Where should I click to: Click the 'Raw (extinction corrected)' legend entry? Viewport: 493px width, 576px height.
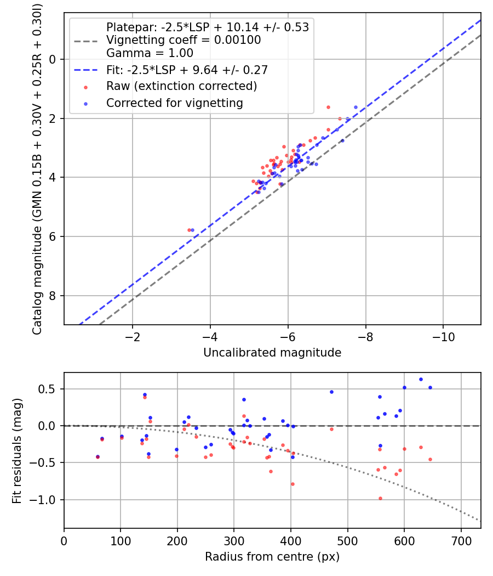click(181, 86)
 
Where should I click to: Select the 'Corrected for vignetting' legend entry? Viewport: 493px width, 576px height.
click(174, 103)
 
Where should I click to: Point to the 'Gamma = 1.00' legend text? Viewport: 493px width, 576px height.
click(150, 53)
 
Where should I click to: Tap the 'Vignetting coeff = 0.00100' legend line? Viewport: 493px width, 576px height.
click(184, 40)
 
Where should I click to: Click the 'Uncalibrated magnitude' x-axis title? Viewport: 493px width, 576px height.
click(272, 353)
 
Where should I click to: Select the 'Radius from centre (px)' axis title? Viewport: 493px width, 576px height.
click(272, 557)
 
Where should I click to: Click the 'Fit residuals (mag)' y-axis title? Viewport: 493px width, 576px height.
click(18, 450)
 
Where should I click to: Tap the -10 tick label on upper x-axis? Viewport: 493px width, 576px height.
click(443, 337)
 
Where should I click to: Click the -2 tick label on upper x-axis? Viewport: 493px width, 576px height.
click(132, 337)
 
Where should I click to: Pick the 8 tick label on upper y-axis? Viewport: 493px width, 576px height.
click(53, 296)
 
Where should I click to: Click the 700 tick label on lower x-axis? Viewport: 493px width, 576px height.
click(461, 541)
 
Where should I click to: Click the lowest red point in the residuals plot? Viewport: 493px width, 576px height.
click(380, 498)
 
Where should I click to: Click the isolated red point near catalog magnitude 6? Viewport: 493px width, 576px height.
click(189, 230)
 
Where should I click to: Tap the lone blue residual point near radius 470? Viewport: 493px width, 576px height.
click(331, 392)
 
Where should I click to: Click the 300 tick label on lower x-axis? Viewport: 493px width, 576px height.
click(234, 541)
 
